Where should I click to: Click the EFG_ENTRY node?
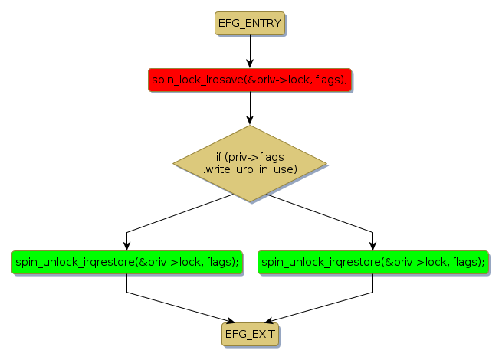(x=250, y=24)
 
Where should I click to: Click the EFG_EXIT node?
(x=250, y=334)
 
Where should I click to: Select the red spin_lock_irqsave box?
(x=249, y=79)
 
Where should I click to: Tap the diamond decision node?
(x=250, y=163)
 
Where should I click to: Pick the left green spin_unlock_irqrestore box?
(x=126, y=262)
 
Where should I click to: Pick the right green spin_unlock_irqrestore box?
(x=372, y=262)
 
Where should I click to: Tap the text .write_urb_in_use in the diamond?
(x=250, y=169)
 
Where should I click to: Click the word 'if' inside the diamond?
(x=218, y=157)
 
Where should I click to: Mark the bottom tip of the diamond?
(x=250, y=201)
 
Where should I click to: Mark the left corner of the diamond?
(x=175, y=163)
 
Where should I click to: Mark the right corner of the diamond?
(x=326, y=163)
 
